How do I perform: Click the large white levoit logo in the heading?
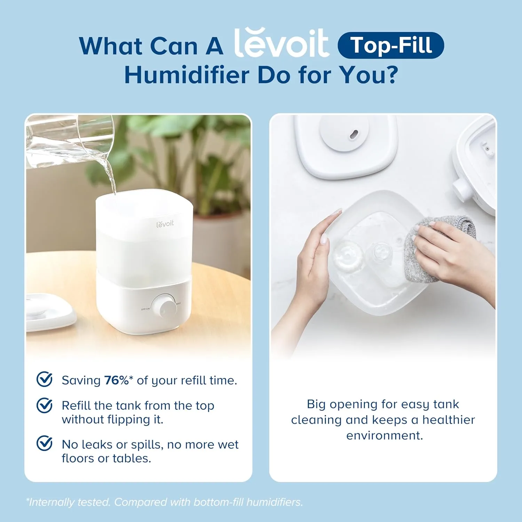click(281, 43)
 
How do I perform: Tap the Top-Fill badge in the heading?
click(391, 45)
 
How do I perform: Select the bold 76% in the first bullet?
click(116, 380)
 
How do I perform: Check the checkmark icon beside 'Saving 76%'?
click(45, 379)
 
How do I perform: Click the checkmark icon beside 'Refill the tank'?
click(45, 405)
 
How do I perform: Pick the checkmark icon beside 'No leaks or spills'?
click(45, 443)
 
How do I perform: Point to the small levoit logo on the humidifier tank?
click(165, 224)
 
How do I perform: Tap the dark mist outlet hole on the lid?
click(354, 134)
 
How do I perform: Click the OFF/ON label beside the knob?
click(145, 309)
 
